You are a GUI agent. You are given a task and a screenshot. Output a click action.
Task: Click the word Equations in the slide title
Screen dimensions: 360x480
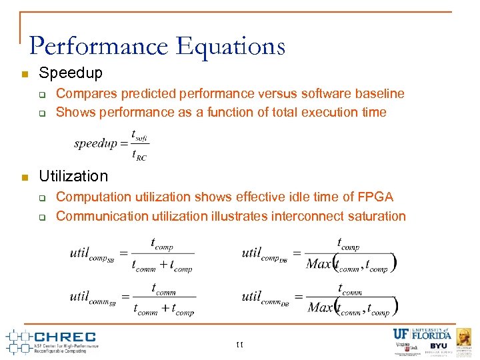click(231, 47)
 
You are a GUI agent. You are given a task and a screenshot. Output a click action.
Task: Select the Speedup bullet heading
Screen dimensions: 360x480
click(71, 73)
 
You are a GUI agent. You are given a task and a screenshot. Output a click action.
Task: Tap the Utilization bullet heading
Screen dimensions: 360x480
click(73, 176)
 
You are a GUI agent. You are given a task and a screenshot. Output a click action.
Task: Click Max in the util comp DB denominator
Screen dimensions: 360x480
click(319, 264)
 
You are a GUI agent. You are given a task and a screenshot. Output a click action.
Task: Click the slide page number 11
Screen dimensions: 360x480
click(240, 345)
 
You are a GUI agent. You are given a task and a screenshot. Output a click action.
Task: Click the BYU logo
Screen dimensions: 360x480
click(438, 346)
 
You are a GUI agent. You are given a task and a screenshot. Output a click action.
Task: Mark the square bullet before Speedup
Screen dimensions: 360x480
click(24, 73)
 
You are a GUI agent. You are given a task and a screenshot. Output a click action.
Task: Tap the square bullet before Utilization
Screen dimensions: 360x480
click(24, 177)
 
